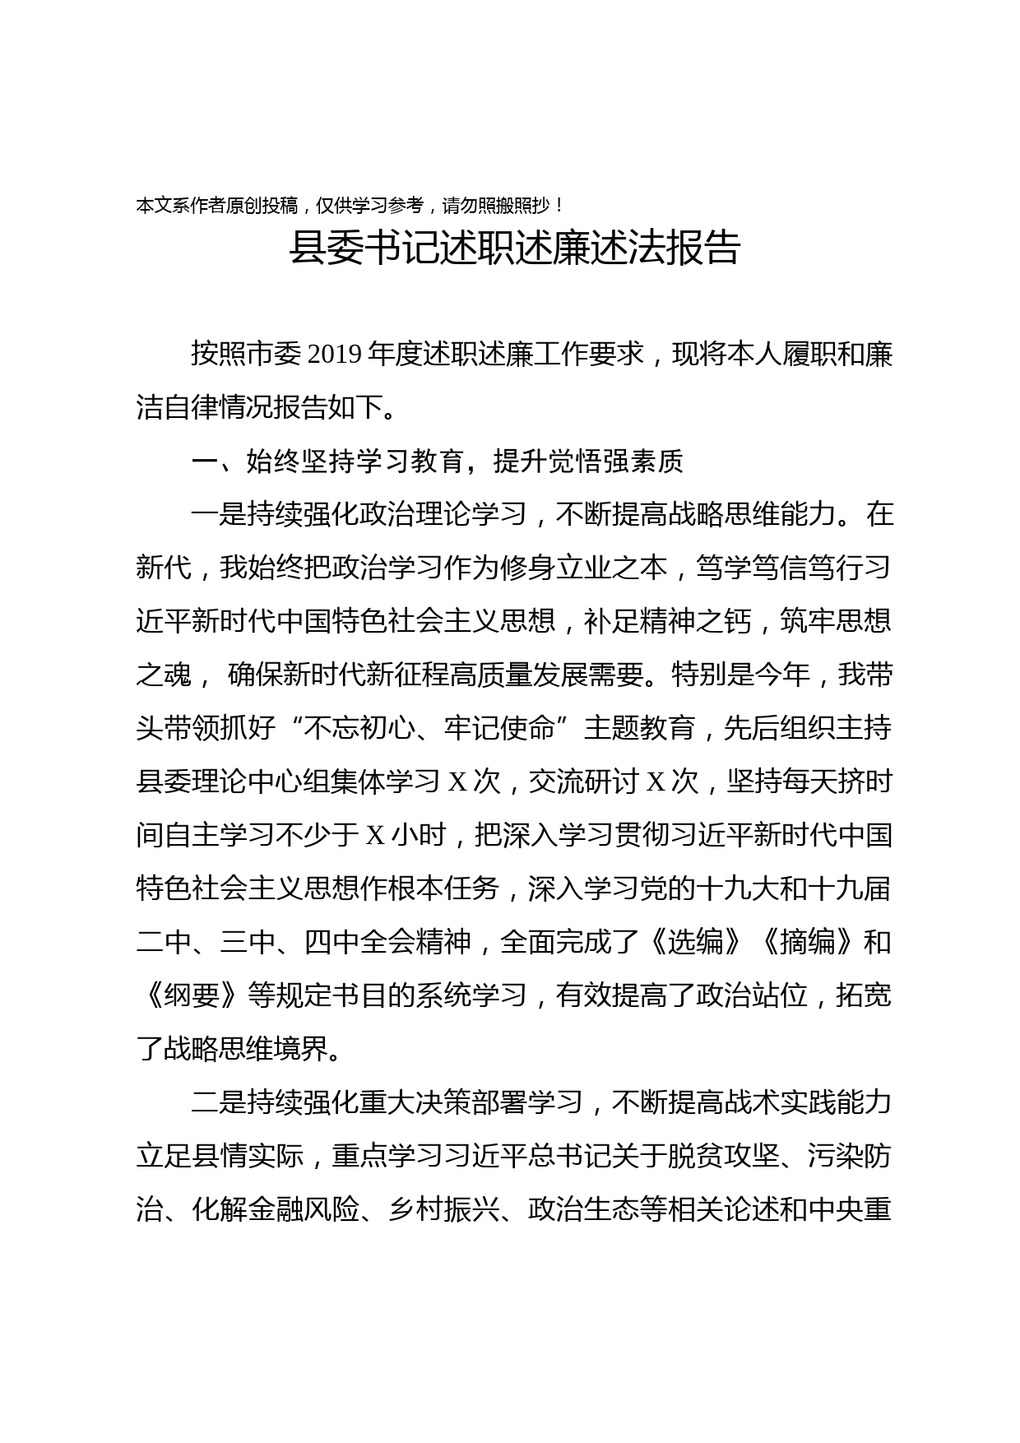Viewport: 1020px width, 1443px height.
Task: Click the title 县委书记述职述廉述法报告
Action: (515, 248)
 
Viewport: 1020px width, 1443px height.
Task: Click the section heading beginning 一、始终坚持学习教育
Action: (437, 462)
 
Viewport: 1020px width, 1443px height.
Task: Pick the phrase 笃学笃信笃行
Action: (781, 568)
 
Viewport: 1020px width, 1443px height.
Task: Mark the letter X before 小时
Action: (375, 835)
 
